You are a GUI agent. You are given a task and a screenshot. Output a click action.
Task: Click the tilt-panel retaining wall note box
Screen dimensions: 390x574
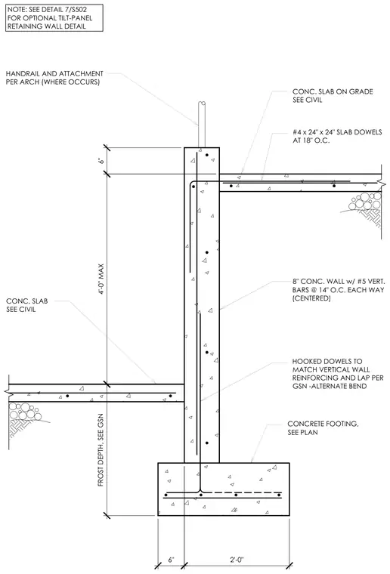click(x=54, y=18)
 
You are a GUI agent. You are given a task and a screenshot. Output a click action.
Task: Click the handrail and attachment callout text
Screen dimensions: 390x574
click(x=54, y=78)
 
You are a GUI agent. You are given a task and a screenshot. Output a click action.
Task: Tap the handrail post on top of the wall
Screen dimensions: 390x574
click(x=201, y=124)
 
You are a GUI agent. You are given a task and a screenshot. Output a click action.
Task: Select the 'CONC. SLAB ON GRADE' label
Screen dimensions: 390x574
click(x=333, y=96)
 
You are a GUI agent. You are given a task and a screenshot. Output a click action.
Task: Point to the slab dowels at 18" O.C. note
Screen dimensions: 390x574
click(x=337, y=136)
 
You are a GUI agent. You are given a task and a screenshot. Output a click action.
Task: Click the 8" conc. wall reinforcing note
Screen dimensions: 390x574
click(x=339, y=289)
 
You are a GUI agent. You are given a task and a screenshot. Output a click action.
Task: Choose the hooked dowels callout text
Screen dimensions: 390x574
click(x=338, y=373)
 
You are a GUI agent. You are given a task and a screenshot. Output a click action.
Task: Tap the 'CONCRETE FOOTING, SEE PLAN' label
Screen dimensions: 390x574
click(x=323, y=428)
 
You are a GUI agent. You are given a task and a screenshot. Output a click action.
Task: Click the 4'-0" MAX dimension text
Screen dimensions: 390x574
click(x=101, y=279)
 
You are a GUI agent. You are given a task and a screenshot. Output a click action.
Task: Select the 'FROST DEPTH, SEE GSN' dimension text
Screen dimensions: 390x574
click(x=101, y=450)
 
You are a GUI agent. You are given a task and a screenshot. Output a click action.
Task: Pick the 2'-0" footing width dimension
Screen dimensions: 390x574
click(x=237, y=560)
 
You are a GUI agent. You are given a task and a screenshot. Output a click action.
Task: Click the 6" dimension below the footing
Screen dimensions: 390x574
click(x=171, y=560)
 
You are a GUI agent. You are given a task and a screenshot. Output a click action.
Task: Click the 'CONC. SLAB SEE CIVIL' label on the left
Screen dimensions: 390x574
click(x=26, y=305)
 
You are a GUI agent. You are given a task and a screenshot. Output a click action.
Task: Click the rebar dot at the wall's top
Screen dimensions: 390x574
click(x=207, y=155)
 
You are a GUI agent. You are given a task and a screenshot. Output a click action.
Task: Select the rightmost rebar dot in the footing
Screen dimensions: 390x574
click(x=279, y=495)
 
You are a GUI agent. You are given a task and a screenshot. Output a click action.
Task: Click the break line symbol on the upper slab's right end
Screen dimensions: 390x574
click(x=382, y=182)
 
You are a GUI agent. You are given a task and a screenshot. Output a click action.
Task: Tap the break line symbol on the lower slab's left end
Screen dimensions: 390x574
click(x=8, y=393)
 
